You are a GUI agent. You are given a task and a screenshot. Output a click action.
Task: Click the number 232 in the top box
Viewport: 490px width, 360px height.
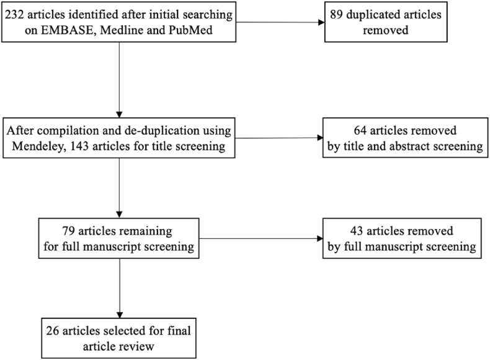[15, 15]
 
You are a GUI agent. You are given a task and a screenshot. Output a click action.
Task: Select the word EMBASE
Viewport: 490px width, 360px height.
[67, 30]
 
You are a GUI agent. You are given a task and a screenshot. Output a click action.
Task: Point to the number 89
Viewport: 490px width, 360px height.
[336, 15]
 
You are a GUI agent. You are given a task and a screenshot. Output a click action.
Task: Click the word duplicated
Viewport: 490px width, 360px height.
[372, 15]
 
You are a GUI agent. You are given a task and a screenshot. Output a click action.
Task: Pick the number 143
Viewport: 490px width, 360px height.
[79, 146]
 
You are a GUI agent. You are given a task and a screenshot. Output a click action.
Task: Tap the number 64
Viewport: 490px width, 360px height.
[360, 130]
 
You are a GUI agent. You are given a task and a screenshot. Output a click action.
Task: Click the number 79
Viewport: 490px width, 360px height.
[68, 231]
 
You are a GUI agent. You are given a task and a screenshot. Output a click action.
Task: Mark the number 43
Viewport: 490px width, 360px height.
[357, 231]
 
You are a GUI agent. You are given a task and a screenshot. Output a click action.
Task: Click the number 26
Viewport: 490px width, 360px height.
[53, 331]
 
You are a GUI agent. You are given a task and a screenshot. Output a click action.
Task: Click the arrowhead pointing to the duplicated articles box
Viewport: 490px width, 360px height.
[321, 22]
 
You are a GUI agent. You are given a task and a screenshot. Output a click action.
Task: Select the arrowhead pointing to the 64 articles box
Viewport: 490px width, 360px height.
[319, 138]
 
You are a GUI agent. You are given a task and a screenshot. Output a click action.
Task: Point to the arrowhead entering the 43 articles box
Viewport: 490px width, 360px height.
[319, 238]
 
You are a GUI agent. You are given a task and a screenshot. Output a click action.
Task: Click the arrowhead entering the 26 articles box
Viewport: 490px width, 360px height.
[119, 315]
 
